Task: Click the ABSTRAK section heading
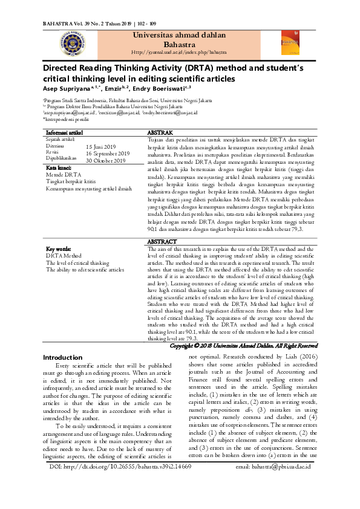point(160,132)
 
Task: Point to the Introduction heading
point(62,357)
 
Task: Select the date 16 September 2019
point(112,154)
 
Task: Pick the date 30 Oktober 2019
point(106,161)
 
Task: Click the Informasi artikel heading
point(64,132)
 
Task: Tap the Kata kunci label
point(59,167)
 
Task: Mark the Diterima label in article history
point(55,146)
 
